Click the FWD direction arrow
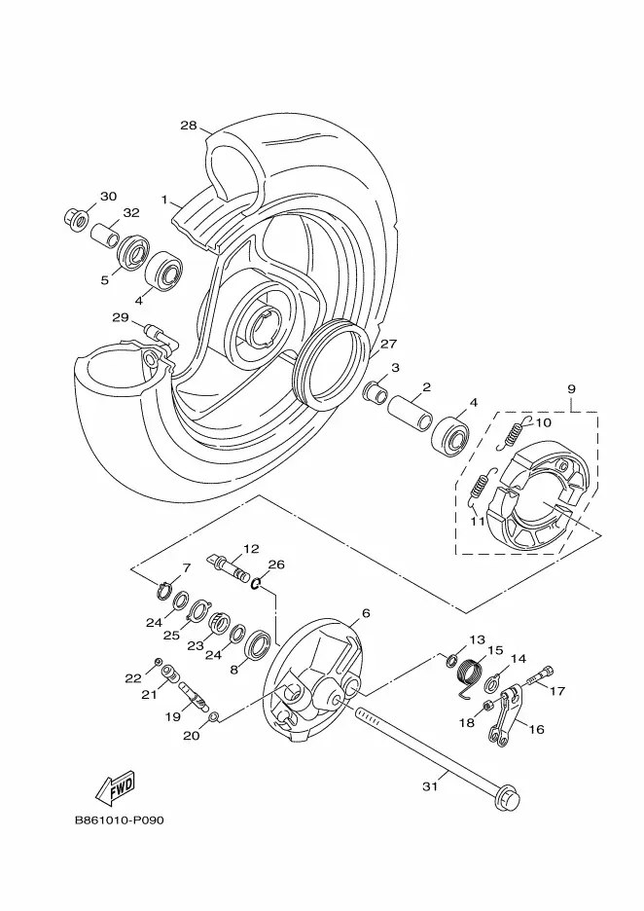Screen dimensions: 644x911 [116, 787]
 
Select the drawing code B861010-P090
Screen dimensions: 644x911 [119, 820]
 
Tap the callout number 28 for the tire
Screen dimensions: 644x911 [189, 125]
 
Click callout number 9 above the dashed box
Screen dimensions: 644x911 [571, 388]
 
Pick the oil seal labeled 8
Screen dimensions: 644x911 [257, 645]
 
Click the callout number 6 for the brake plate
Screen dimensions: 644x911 [365, 613]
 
